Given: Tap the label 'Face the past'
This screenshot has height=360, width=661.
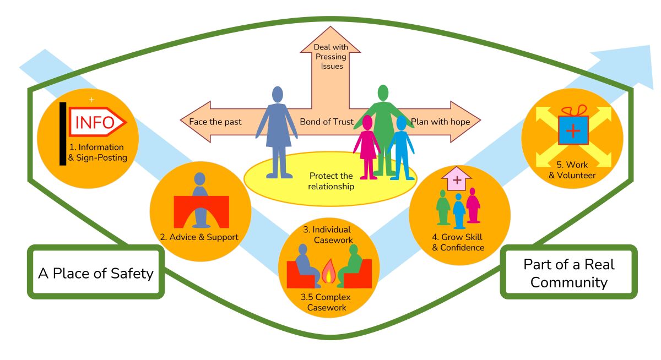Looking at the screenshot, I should (215, 122).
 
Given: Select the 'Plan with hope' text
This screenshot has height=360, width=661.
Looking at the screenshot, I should (441, 122).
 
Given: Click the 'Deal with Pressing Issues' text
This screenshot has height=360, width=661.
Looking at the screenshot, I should (329, 57).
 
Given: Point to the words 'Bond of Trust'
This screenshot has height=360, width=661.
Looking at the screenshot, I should (326, 122).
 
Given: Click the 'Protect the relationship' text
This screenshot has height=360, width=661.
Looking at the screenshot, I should (330, 181).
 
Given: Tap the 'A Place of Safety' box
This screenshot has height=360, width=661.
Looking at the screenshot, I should (96, 272).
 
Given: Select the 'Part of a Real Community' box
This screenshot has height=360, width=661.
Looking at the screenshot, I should (568, 272).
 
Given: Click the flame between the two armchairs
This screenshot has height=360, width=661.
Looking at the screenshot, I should (329, 271).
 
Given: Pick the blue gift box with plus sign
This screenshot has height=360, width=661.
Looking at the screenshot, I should (573, 131).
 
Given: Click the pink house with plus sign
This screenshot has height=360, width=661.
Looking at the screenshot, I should (457, 178).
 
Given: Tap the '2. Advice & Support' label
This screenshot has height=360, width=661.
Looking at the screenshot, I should (199, 237).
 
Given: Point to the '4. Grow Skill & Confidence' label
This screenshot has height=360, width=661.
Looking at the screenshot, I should (458, 242).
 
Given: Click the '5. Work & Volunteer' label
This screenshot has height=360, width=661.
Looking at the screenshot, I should (573, 170).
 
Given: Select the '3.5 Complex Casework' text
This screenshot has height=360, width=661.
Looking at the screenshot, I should (329, 302).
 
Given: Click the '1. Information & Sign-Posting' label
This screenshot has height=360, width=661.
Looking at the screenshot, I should (97, 152).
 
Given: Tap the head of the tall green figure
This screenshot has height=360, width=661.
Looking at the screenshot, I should (383, 92).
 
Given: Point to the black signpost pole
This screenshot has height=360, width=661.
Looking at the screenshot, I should (63, 133).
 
